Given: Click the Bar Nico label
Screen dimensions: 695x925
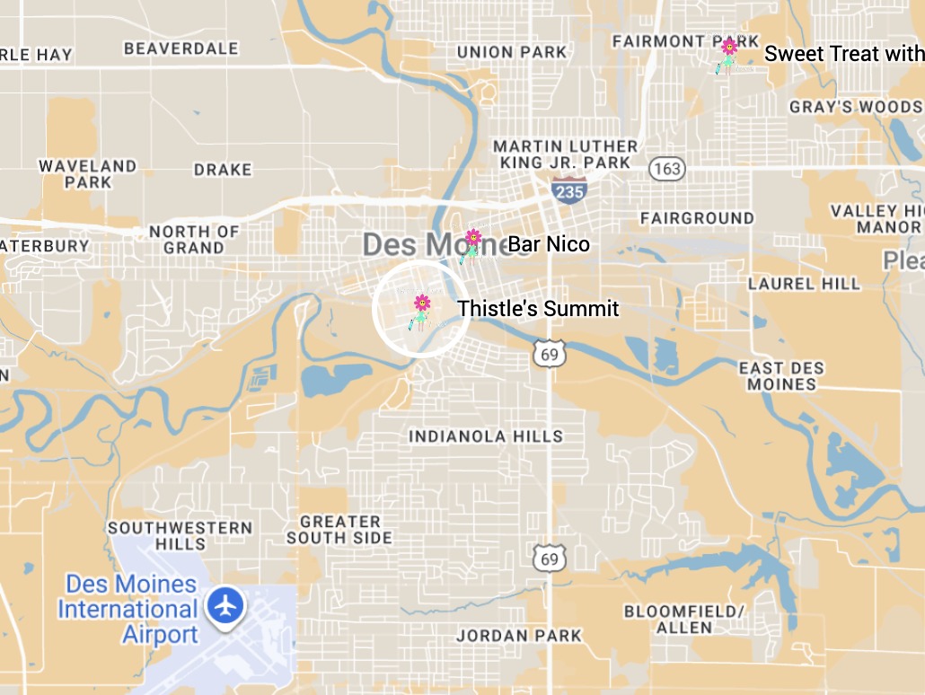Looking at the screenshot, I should tap(549, 243).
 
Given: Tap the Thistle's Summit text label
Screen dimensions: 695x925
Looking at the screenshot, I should tap(538, 309).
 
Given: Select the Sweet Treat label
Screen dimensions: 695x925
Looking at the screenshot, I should tap(842, 54).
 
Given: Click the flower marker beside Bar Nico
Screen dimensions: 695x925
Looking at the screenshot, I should tap(472, 240).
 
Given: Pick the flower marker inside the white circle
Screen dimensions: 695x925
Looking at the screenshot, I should tap(421, 304).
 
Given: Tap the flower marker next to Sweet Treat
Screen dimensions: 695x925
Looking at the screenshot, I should tap(728, 48).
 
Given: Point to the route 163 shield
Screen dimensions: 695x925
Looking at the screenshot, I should tap(668, 169).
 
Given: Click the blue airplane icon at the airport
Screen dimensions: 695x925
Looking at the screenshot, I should tap(225, 604).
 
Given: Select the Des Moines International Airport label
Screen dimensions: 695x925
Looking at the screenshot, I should tap(128, 610).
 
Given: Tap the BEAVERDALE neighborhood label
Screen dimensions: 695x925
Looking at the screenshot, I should tap(181, 48).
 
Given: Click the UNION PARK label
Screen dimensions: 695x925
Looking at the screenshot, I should tap(512, 52).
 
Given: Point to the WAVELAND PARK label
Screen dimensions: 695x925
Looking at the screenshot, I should tap(87, 174).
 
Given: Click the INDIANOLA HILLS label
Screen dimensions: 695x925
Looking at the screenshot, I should tap(486, 436).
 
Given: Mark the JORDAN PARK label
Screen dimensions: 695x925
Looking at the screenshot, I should tap(519, 636).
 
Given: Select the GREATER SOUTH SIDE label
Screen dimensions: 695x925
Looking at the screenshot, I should tap(339, 530).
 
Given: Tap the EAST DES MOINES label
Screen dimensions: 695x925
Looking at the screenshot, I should tap(780, 376).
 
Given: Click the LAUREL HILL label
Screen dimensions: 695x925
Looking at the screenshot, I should tap(804, 284).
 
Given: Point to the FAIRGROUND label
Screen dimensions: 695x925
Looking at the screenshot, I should tap(697, 218).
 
